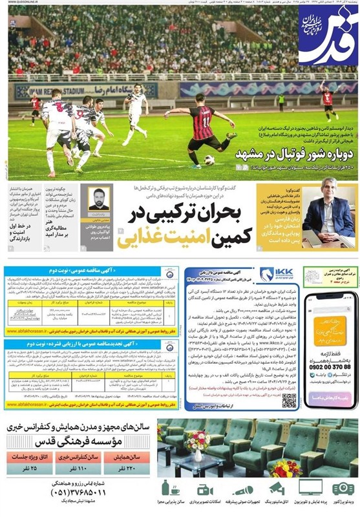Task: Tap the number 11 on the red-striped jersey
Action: point(206,120)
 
